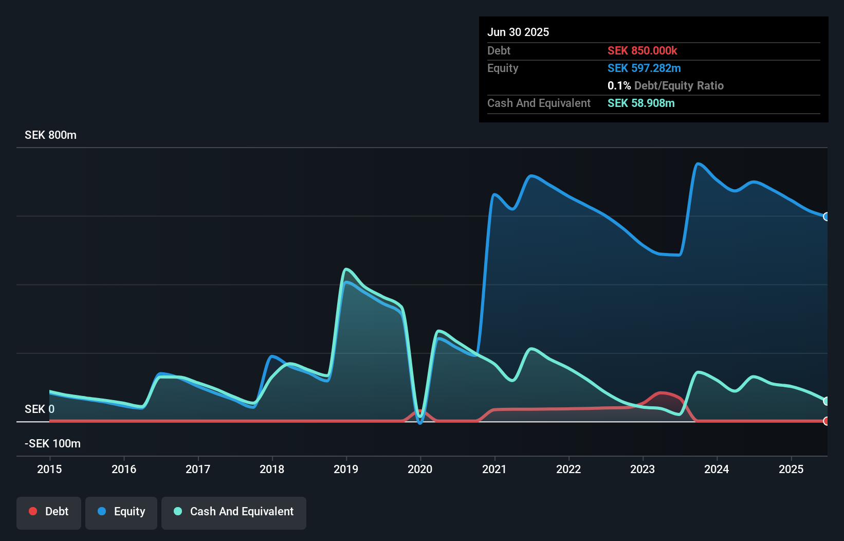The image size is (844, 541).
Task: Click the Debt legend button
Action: [x=49, y=512]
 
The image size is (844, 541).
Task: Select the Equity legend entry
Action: [x=121, y=512]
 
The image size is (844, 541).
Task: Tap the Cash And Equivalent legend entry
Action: [x=234, y=512]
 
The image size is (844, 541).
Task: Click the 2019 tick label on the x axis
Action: [x=346, y=469]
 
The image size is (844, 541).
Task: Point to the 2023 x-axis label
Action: [x=643, y=469]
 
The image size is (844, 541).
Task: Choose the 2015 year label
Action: [x=49, y=469]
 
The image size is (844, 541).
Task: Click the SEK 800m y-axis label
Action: [x=50, y=135]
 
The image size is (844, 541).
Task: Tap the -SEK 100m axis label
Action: [x=52, y=444]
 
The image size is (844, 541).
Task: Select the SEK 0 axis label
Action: [x=39, y=409]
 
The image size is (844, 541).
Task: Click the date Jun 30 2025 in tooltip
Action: [x=518, y=32]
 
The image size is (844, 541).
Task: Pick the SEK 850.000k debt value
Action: [x=642, y=51]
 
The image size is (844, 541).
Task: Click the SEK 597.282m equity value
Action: [x=644, y=68]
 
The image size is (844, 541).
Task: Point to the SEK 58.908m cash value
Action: [x=641, y=103]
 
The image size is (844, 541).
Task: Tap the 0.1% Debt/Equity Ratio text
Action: [x=665, y=86]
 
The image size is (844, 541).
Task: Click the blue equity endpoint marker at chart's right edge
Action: [x=826, y=217]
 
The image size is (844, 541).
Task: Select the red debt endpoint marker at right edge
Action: [x=826, y=421]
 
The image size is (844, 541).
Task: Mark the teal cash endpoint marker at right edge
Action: [x=826, y=401]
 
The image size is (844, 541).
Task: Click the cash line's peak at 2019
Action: [x=346, y=269]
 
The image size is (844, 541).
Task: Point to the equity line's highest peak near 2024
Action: [x=698, y=164]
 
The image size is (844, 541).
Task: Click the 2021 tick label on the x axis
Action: [x=494, y=469]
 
